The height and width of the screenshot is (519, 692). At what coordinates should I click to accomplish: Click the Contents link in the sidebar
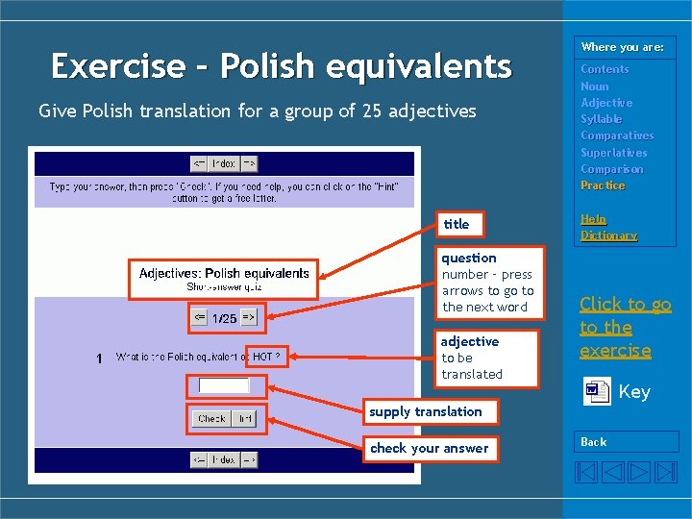coord(605,69)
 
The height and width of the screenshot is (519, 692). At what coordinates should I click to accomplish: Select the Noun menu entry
coord(595,86)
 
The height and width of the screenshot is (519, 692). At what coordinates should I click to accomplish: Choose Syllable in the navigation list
coord(601,119)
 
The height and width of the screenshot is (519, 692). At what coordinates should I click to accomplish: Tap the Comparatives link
coord(616,136)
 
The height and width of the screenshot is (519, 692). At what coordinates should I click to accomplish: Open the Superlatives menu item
coord(613,153)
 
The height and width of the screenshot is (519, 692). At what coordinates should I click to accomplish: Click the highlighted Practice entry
coord(603,185)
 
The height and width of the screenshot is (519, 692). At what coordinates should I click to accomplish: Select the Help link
coord(593,219)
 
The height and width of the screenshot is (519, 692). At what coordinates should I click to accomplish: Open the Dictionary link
coord(608,235)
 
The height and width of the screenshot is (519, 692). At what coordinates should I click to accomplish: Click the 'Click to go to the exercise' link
coord(625,327)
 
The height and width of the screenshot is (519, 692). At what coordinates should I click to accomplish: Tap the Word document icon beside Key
coord(597,391)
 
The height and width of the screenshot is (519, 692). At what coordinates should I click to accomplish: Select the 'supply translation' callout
coord(426,411)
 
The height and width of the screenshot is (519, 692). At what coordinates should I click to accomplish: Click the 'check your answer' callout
coord(430,448)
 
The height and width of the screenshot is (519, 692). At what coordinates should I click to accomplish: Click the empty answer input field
coord(224,385)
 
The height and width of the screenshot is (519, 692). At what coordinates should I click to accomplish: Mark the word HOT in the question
coord(261,357)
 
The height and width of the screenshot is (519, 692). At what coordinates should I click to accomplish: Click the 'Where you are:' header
coord(622,47)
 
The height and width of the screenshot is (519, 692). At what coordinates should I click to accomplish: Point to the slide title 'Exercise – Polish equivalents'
coord(281,66)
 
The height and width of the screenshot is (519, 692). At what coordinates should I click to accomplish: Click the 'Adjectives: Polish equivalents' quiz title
coord(224,273)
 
